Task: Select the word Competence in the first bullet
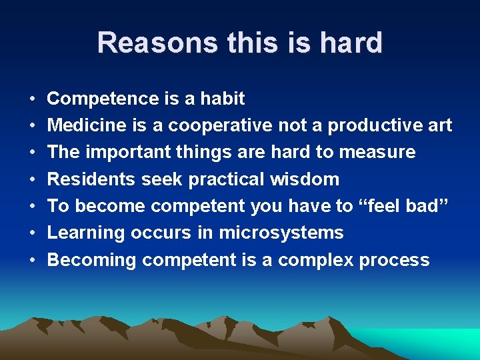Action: click(x=103, y=99)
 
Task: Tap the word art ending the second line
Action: click(x=440, y=125)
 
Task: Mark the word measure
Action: click(x=377, y=152)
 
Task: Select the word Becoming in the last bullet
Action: click(x=92, y=259)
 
